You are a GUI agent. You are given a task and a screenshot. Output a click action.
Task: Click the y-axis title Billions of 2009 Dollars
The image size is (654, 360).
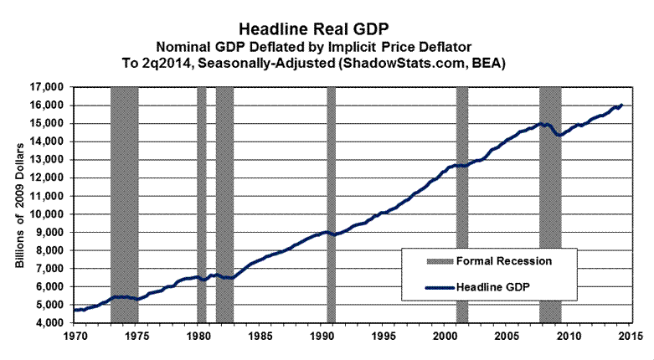point(20,203)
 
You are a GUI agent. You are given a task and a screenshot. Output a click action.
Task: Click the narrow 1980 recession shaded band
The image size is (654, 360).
point(201,203)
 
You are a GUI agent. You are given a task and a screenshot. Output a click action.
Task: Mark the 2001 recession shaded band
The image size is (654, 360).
point(461,203)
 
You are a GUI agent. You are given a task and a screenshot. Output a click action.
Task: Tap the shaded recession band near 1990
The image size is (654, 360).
point(331,203)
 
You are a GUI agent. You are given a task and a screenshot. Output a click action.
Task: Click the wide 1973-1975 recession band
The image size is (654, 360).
point(124,203)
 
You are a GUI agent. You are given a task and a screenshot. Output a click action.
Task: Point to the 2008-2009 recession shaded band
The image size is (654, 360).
point(550,203)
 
